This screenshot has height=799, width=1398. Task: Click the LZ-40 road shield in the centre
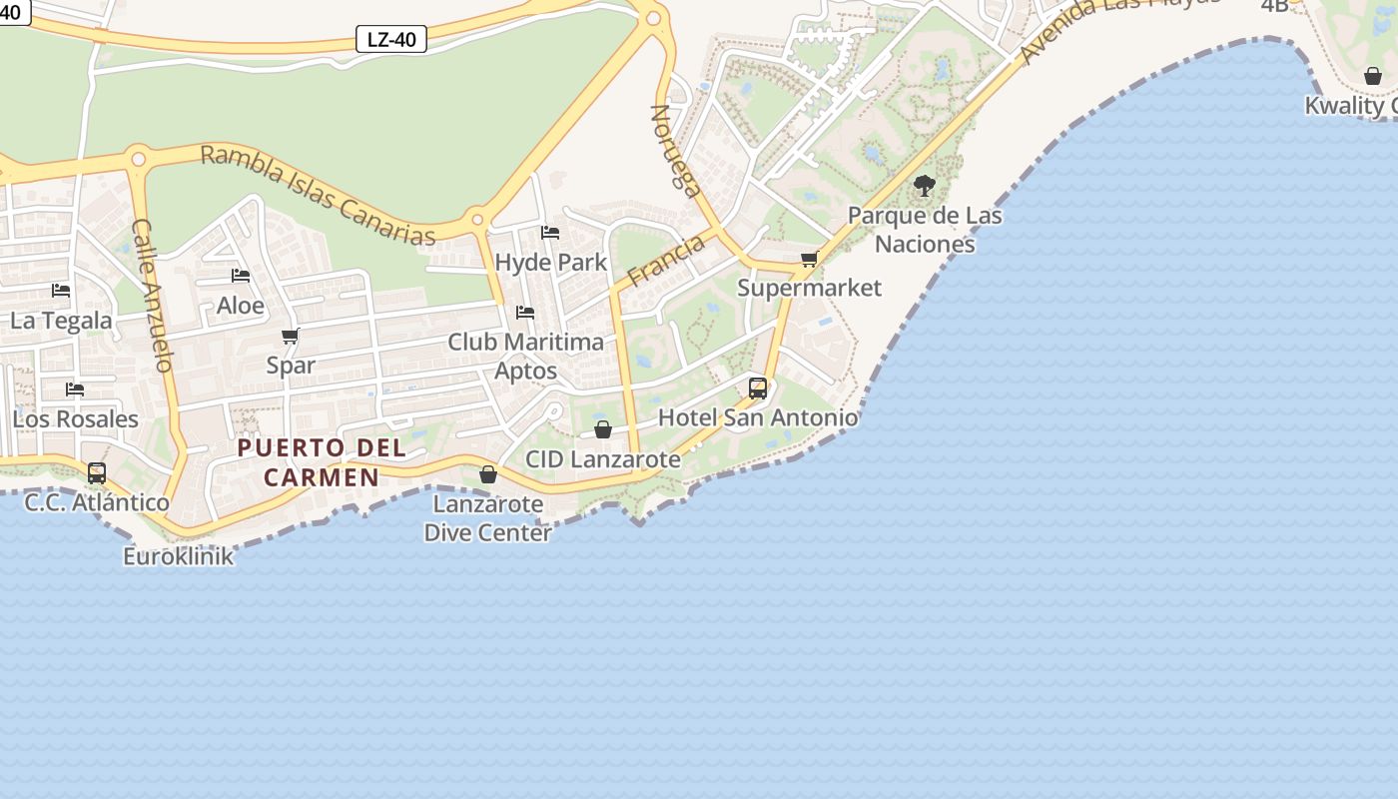tap(391, 40)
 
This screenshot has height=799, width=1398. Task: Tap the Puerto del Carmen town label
tap(322, 462)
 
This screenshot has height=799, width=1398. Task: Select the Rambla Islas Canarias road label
tap(319, 196)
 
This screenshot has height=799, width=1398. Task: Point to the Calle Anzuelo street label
tap(153, 296)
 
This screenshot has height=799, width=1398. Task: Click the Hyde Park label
tap(551, 263)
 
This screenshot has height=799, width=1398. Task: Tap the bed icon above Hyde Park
tap(550, 233)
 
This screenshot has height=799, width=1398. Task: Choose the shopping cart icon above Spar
tap(291, 336)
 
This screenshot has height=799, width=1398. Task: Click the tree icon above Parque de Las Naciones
tap(925, 185)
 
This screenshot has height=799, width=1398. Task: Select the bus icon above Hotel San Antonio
tap(758, 388)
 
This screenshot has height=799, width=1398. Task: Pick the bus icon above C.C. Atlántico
tap(97, 472)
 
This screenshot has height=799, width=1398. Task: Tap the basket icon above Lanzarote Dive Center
tap(488, 474)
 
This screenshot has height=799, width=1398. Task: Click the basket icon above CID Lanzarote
tap(603, 429)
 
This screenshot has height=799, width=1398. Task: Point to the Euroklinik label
tap(179, 556)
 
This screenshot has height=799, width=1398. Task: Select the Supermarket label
tap(810, 289)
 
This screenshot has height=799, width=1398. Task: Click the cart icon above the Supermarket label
tap(810, 260)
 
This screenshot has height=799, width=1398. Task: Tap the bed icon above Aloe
tap(241, 276)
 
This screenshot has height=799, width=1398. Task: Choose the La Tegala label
tap(61, 321)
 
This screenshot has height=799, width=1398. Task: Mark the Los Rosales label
tap(75, 418)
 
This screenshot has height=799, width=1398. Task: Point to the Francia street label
tap(666, 260)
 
